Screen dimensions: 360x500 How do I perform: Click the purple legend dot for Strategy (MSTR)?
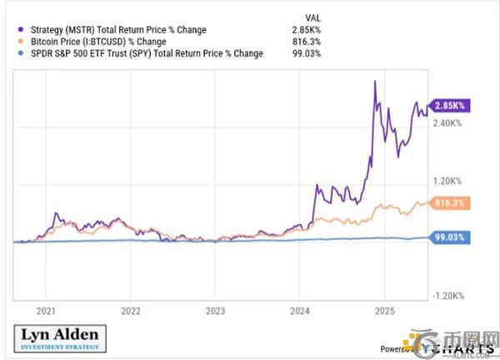click(x=18, y=30)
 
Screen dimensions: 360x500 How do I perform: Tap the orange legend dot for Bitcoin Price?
click(x=18, y=42)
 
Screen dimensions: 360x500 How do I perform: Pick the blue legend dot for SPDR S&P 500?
click(x=18, y=53)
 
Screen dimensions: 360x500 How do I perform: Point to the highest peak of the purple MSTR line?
click(x=376, y=81)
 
